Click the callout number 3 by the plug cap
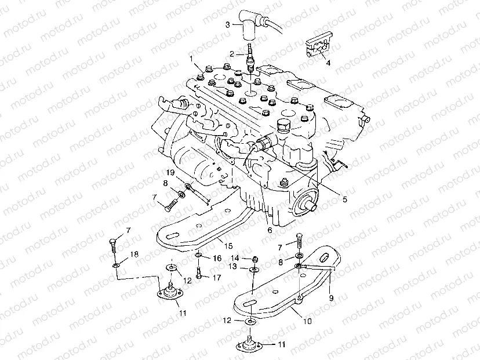tap(228, 24)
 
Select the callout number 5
tap(344, 199)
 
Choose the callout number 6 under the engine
tap(270, 230)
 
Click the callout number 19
tap(171, 173)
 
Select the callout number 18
tap(134, 254)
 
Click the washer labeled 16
tap(198, 256)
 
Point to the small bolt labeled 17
tap(198, 272)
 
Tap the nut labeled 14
tap(254, 259)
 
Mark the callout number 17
tap(217, 278)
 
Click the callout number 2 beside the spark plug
tap(232, 54)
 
